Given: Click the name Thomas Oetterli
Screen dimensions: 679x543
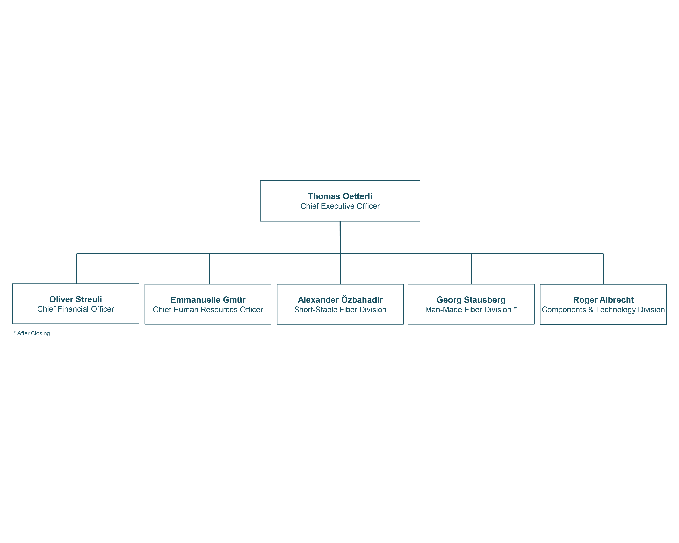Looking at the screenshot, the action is [340, 196].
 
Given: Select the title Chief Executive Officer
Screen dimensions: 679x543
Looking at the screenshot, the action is [340, 206].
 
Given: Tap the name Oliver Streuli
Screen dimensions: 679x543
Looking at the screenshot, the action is [76, 299].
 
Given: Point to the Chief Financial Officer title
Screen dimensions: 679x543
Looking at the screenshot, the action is [76, 309].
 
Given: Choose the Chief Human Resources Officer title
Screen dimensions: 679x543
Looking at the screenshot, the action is [208, 310].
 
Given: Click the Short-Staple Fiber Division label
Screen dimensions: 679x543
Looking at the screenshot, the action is [340, 310].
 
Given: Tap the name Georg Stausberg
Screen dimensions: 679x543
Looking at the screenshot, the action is [471, 300].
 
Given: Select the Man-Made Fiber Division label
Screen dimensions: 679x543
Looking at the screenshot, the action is [468, 310].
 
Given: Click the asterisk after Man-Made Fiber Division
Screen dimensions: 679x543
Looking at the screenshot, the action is [515, 308].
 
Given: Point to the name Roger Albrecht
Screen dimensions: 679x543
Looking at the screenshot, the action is [603, 300].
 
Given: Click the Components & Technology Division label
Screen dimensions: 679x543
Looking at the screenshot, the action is [603, 310].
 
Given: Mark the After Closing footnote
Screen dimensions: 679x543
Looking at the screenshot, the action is [32, 333].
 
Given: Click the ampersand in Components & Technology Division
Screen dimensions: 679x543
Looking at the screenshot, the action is [591, 310].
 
